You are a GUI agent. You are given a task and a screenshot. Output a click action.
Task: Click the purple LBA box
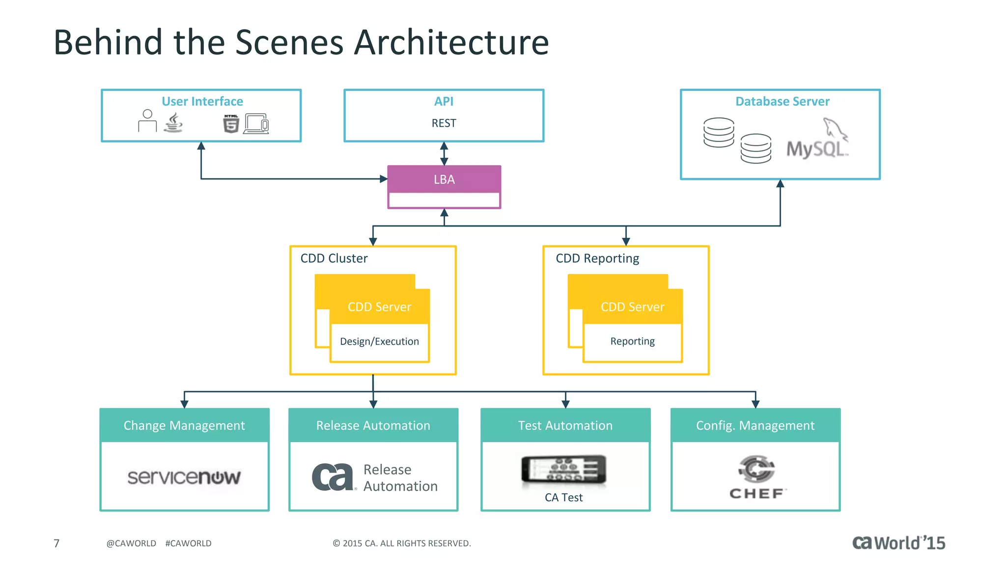tap(444, 180)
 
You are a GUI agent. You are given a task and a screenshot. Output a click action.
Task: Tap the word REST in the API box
tap(444, 123)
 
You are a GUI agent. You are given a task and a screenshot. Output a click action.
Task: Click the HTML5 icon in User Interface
tap(231, 123)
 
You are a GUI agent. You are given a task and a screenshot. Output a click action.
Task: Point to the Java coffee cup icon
tap(173, 123)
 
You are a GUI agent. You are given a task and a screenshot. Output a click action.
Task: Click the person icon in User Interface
tap(147, 121)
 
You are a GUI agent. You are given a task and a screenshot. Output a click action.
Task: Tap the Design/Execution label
tap(379, 341)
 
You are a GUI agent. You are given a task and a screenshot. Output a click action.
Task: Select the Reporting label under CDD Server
tap(632, 341)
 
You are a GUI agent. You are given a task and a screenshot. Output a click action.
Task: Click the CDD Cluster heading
tap(334, 258)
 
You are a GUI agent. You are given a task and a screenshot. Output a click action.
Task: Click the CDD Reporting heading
tap(597, 258)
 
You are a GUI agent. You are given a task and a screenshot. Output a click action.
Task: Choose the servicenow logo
tap(184, 477)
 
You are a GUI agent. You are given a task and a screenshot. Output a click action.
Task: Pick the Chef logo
tap(756, 477)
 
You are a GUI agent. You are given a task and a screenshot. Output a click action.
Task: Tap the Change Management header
tap(184, 425)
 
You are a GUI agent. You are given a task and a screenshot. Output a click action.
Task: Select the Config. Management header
tap(755, 425)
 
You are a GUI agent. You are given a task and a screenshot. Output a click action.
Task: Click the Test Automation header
tap(565, 425)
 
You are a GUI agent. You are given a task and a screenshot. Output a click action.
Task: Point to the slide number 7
tap(56, 543)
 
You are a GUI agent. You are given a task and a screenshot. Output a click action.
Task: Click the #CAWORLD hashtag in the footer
tap(188, 543)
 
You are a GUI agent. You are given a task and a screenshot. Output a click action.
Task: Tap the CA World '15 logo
tap(898, 543)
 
